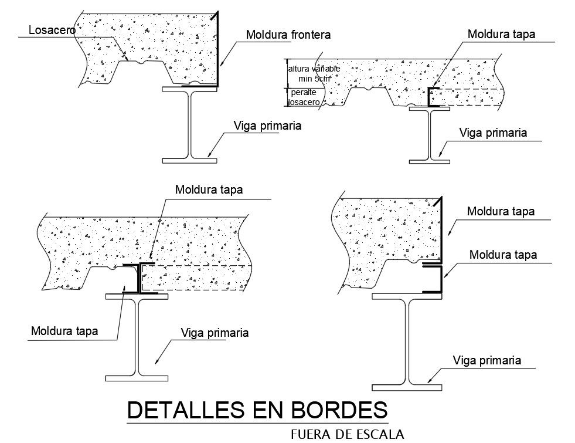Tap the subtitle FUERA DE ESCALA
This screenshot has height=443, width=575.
347,435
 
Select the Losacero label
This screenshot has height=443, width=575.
52,31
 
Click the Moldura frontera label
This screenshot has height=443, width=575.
288,35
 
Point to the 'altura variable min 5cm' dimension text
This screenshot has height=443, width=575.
314,73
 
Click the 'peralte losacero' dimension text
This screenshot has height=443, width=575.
304,97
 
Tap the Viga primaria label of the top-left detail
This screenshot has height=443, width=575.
267,126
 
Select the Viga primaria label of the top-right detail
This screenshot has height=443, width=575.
493,133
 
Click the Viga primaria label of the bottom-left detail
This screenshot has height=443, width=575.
215,333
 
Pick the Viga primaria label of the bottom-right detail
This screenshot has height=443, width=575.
487,360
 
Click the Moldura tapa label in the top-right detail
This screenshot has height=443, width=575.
501,35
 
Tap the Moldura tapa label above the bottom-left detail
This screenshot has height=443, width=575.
209,190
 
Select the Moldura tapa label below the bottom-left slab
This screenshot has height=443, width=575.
64,331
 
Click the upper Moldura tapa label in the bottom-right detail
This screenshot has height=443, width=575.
501,211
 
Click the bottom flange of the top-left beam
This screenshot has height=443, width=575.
190,160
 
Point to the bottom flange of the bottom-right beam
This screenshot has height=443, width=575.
407,387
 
